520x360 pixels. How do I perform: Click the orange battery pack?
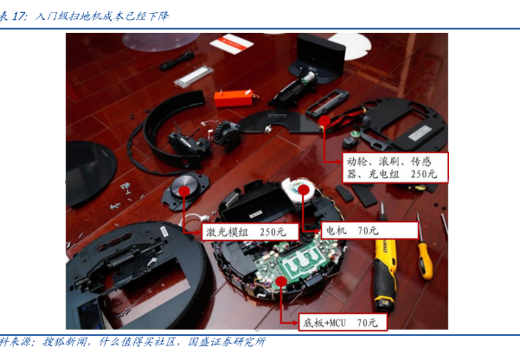click(234, 98)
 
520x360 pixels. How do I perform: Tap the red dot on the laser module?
click(184, 191)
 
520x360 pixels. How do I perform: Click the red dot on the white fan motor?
click(303, 190)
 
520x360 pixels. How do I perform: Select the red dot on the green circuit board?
click(281, 281)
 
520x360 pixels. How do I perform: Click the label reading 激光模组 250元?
click(250, 232)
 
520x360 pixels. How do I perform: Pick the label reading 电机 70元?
click(369, 230)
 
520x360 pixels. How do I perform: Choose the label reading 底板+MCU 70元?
click(343, 322)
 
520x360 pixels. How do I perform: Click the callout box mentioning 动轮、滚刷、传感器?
click(395, 168)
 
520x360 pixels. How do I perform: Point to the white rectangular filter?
click(193, 76)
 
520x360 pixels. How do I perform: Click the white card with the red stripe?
click(232, 43)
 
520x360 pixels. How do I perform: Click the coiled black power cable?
click(177, 61)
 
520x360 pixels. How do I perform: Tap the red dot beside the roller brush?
click(324, 121)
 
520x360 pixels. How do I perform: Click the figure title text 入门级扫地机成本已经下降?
click(102, 16)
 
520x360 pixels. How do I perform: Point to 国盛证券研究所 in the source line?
click(227, 342)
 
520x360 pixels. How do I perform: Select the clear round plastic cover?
click(161, 42)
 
